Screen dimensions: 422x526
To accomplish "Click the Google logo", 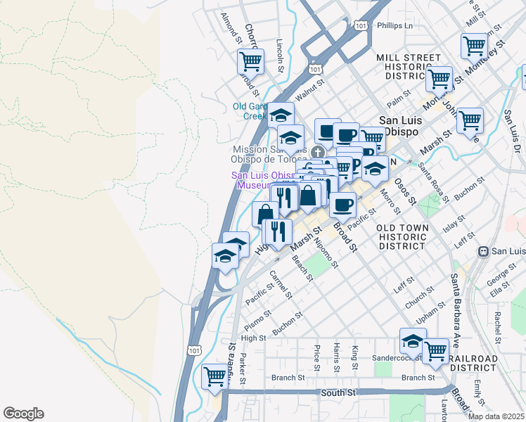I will [x=23, y=414].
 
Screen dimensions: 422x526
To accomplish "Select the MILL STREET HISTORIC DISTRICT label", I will [x=409, y=66].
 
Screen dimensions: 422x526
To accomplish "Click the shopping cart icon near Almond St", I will [x=250, y=61].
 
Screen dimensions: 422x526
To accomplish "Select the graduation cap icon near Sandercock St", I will [x=413, y=342].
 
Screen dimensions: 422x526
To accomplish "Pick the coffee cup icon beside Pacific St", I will [x=342, y=205].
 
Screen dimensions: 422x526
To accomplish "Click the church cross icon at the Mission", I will [x=318, y=152].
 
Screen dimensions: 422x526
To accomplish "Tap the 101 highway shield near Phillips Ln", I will [x=361, y=25].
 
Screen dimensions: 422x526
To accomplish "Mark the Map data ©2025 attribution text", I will [x=496, y=416].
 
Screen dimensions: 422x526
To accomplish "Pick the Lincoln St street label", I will [x=280, y=55].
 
